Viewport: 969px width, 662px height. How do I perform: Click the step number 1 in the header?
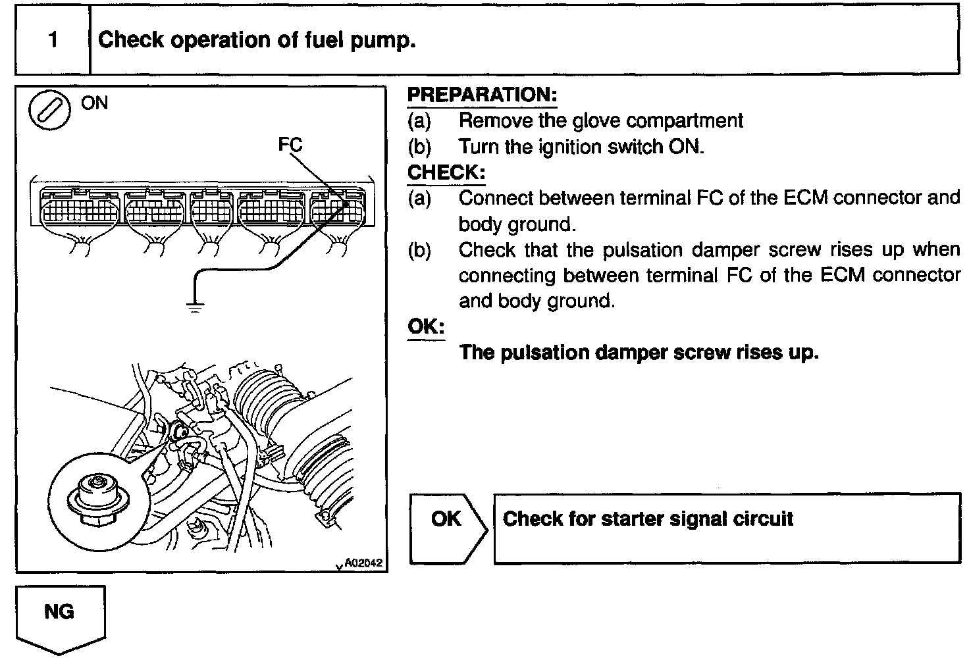tap(53, 41)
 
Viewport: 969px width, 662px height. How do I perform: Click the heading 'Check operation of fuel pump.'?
tap(257, 41)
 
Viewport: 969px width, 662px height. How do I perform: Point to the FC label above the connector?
tap(290, 145)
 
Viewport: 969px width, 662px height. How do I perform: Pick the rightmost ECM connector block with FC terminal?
tap(338, 207)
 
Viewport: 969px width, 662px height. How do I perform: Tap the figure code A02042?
tap(363, 563)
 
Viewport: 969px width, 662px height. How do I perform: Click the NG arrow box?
tap(60, 615)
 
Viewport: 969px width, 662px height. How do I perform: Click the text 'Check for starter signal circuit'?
tap(648, 519)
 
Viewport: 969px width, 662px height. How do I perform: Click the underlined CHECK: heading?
tap(446, 173)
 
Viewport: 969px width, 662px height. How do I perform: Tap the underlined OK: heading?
tap(426, 326)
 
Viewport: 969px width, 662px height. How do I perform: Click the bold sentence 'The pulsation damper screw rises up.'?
tap(639, 353)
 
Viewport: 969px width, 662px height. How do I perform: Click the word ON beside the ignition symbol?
tap(95, 103)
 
